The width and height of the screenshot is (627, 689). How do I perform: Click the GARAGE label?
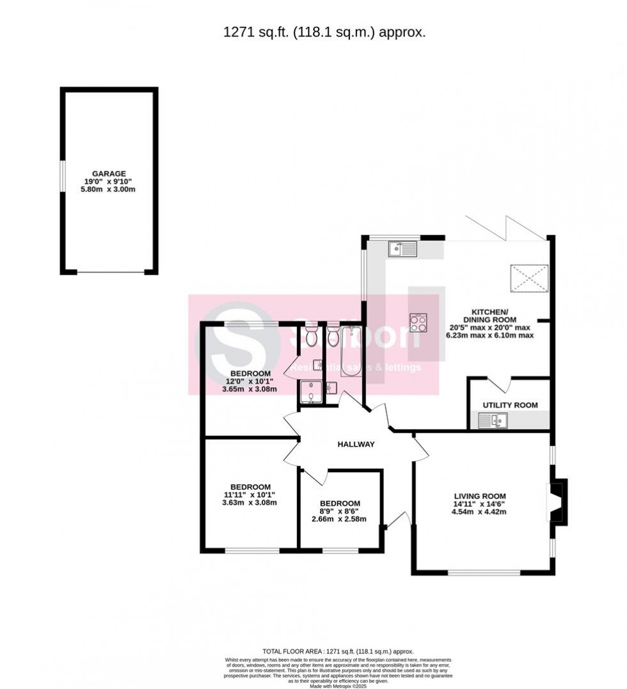click(109, 173)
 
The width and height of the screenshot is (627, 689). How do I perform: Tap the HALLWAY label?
click(356, 445)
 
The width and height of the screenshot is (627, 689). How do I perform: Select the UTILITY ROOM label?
click(510, 405)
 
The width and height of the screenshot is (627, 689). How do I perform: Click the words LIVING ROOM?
click(480, 496)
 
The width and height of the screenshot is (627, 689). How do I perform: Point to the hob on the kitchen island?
click(418, 323)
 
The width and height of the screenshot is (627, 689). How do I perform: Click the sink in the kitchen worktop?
click(402, 249)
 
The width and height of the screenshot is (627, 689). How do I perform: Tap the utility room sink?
click(493, 420)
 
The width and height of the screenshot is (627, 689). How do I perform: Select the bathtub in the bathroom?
click(351, 352)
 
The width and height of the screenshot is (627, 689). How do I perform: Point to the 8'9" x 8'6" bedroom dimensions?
click(340, 511)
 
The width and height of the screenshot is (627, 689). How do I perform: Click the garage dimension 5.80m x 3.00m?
click(109, 189)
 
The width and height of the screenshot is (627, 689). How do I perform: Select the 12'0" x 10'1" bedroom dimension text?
click(250, 381)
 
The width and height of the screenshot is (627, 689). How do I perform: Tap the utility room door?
click(501, 385)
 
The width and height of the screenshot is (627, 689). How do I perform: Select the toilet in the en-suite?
click(312, 337)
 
